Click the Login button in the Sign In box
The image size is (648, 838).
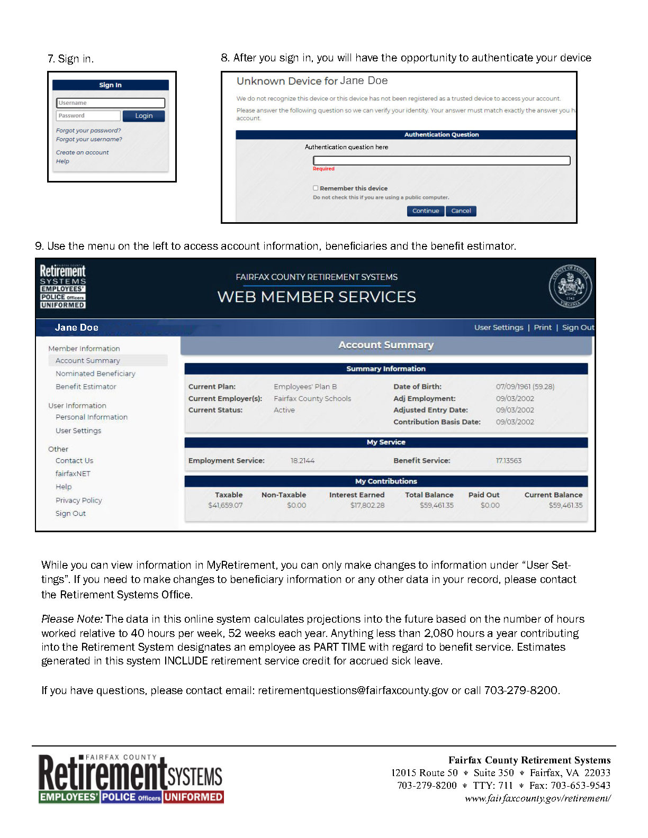pos(143,116)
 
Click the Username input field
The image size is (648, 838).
pos(110,103)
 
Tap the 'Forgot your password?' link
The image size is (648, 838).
pos(88,131)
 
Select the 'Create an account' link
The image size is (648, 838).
pos(82,152)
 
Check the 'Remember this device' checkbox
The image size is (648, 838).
pos(316,188)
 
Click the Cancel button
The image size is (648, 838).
pos(461,211)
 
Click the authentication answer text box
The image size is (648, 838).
pos(442,160)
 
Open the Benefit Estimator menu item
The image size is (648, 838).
pos(86,387)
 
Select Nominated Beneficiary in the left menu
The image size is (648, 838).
pos(95,374)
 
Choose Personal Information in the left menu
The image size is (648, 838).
pos(92,417)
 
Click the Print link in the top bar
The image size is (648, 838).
pos(543,327)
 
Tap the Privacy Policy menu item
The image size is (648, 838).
pos(78,500)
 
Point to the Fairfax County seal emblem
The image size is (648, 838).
pos(570,286)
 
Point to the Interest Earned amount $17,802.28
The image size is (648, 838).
pos(367,505)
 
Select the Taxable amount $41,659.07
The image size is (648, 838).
pos(226,505)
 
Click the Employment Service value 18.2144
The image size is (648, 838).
pos(302,461)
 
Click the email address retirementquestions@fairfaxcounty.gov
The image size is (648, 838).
pos(353,690)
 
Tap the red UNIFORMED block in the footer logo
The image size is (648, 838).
pos(193,797)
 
